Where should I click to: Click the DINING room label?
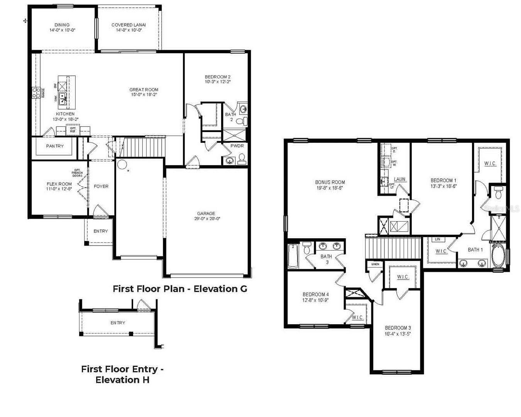(62, 25)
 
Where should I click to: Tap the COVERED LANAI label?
(129, 25)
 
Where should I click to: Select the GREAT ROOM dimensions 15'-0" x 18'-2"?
(144, 95)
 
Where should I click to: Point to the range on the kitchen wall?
(36, 93)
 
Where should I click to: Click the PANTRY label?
(55, 146)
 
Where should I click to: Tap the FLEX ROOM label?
(59, 184)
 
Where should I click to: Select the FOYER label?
(101, 186)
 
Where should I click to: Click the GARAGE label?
(206, 214)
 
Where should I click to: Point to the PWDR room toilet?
(242, 158)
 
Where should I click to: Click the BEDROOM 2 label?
(218, 77)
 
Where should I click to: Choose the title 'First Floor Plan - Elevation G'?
(180, 288)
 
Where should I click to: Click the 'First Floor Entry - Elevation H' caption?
(122, 374)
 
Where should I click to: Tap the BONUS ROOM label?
(330, 182)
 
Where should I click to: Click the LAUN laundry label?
(399, 179)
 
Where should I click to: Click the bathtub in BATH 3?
(293, 256)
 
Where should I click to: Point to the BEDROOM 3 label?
(398, 328)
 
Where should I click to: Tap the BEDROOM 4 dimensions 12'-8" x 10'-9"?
(316, 300)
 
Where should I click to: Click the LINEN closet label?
(375, 264)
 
